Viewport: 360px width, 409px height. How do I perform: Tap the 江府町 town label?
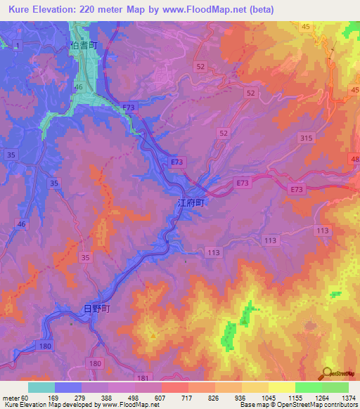[190, 202]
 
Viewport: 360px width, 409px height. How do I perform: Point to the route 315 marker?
[305, 138]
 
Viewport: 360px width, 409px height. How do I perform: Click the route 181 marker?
[143, 377]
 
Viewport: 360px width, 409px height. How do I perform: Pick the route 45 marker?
[305, 27]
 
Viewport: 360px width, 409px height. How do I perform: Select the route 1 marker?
[18, 45]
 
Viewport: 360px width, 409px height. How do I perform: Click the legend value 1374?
[348, 397]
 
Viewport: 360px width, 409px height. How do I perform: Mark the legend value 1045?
[268, 397]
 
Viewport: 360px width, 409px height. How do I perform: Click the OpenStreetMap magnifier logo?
[328, 373]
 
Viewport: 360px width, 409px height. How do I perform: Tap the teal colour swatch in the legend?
[41, 387]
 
